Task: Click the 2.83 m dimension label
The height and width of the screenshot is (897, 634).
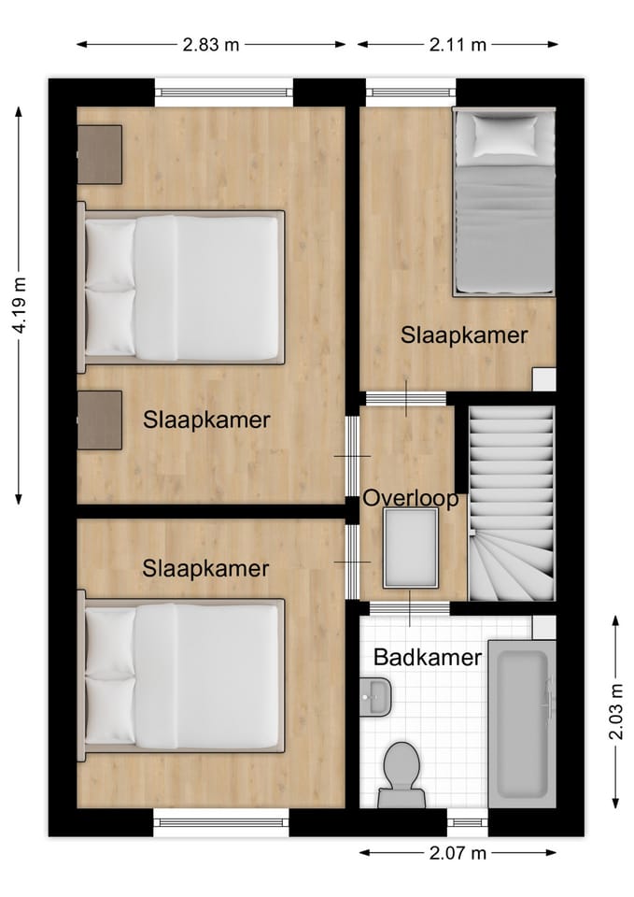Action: pos(211,44)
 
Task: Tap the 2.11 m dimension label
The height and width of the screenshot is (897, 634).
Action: pos(458,44)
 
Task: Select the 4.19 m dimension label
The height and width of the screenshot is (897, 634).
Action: pos(19,306)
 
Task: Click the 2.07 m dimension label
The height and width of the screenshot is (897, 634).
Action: pos(458,852)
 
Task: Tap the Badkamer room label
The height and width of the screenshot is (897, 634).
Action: pos(427,657)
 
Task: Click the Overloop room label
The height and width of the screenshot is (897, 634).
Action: pos(412,498)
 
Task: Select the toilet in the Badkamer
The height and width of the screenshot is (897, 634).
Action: pos(402,773)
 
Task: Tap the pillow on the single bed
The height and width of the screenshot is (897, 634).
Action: pos(504,136)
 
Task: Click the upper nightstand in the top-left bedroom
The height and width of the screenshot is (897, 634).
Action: pos(100,154)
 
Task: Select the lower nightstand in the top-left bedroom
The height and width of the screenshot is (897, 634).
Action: pos(100,420)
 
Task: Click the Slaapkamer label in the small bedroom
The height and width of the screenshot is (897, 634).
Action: pos(464,335)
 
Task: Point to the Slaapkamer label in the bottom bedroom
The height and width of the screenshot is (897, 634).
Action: pos(205,567)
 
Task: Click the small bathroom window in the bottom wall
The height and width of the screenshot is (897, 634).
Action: pos(467,822)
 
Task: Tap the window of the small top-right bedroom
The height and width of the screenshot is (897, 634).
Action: pos(409,92)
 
